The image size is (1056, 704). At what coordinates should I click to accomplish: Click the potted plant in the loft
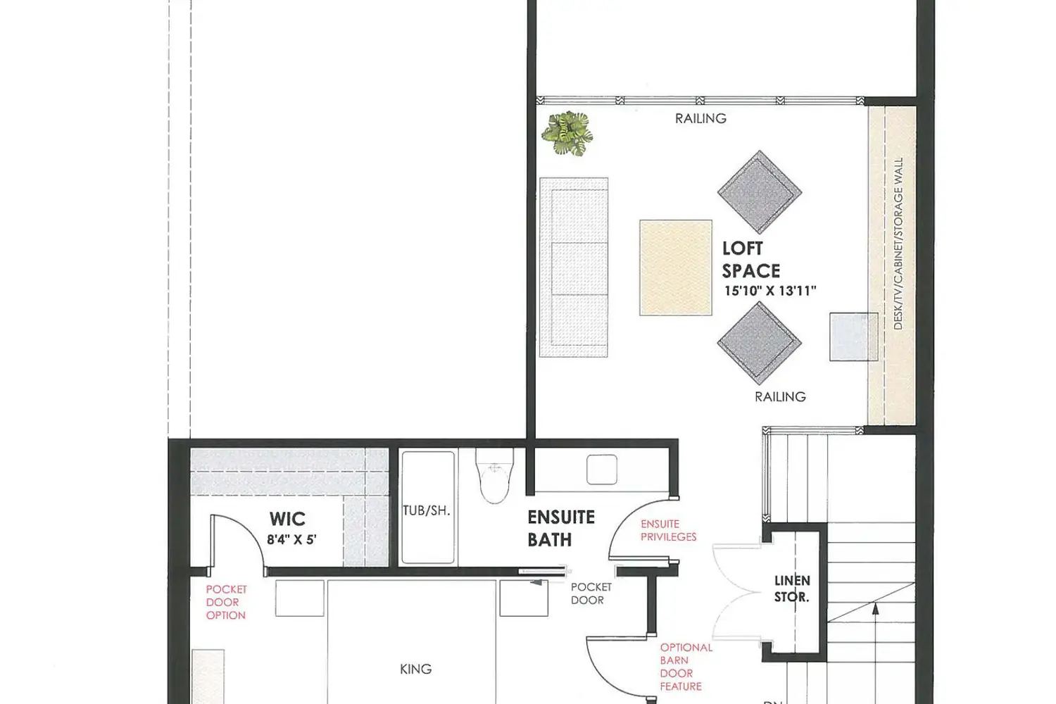coord(567,133)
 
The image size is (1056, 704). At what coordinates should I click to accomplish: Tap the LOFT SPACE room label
coord(751,260)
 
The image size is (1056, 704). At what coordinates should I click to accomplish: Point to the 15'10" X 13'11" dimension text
coord(770,291)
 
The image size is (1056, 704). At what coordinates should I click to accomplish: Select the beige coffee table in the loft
coord(676,268)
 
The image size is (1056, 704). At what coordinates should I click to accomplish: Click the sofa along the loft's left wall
coord(574,268)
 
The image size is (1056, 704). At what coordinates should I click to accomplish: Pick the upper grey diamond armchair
coord(760,192)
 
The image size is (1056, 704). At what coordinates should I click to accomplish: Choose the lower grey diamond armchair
coord(760,343)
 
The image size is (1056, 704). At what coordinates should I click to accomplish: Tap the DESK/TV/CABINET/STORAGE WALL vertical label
coord(898,244)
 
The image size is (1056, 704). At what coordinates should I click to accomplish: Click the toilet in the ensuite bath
coord(494,475)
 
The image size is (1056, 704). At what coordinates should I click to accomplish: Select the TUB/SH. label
coord(427,510)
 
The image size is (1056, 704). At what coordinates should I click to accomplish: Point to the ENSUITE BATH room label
coord(561,529)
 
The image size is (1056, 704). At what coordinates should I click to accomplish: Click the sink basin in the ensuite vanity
coord(602,469)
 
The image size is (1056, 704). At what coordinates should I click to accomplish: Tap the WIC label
coord(287,519)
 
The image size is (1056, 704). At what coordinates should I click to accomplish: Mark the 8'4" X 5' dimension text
coord(292,539)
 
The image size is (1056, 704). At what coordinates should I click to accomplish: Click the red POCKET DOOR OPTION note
coord(226,602)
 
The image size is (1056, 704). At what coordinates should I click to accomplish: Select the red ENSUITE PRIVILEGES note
coord(669,531)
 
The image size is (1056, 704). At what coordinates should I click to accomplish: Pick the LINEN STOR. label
coord(792,589)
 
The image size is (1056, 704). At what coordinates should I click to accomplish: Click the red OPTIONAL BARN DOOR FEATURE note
coord(686,667)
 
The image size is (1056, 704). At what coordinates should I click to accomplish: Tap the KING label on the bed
coord(416,669)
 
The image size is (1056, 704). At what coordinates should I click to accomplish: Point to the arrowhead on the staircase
coord(876,609)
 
